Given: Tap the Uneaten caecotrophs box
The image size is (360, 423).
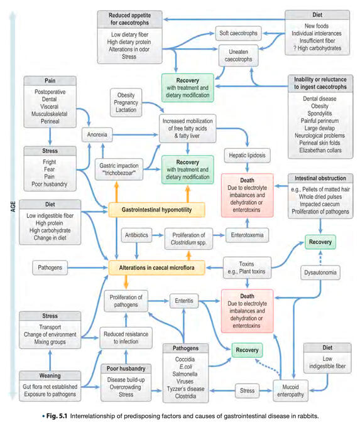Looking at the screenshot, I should tap(240, 58).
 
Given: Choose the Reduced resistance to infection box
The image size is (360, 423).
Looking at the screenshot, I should tap(126, 338).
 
